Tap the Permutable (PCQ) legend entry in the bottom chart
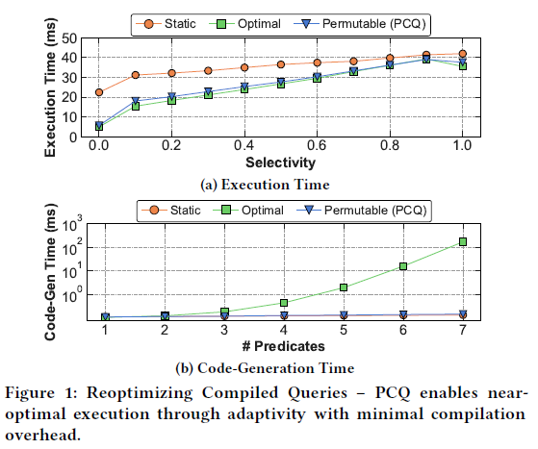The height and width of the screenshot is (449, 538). point(371,209)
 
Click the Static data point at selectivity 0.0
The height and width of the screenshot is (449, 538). point(99,92)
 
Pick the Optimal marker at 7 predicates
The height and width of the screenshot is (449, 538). point(463,241)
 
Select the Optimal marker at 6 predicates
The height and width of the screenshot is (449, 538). point(403,266)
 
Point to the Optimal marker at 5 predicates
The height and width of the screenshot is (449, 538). point(344,287)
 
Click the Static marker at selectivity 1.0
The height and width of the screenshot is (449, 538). point(463,54)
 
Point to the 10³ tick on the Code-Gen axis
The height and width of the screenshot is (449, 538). point(73,223)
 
